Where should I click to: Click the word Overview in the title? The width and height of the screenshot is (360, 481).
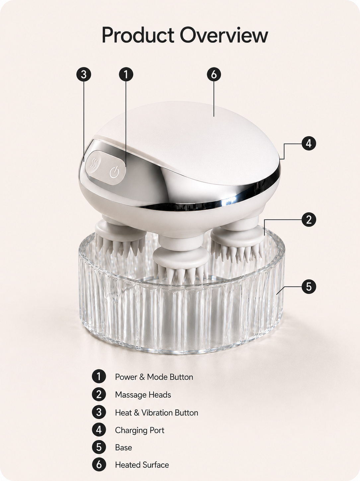pos(224,35)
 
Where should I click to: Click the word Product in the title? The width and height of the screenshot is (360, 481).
pos(138,35)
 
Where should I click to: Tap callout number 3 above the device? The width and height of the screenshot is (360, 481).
pos(84,74)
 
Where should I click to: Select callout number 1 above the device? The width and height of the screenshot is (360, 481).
pos(126,74)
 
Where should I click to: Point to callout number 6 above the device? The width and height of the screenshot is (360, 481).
pos(214,74)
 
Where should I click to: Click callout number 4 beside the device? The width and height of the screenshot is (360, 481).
pos(309,144)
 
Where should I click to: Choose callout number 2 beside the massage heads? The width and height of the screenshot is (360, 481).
pos(309,220)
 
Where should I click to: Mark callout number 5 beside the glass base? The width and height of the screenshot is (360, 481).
pos(309,286)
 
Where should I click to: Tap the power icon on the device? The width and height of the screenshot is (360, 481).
pos(114,172)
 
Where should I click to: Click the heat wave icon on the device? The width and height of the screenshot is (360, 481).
pos(94,163)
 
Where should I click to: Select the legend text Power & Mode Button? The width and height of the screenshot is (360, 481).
pos(154,377)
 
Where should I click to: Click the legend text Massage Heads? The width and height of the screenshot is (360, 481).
pos(143,395)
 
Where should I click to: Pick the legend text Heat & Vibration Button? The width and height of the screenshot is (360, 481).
pos(157,413)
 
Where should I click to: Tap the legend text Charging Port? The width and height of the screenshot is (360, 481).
pos(140,430)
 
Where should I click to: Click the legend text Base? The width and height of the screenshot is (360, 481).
pos(123,447)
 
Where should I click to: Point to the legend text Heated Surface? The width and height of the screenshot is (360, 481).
pos(142,465)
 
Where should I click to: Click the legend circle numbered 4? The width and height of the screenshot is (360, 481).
pos(99,430)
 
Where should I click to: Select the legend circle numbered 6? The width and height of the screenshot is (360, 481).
pos(99,464)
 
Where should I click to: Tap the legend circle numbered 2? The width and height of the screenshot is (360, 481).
pos(99,394)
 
